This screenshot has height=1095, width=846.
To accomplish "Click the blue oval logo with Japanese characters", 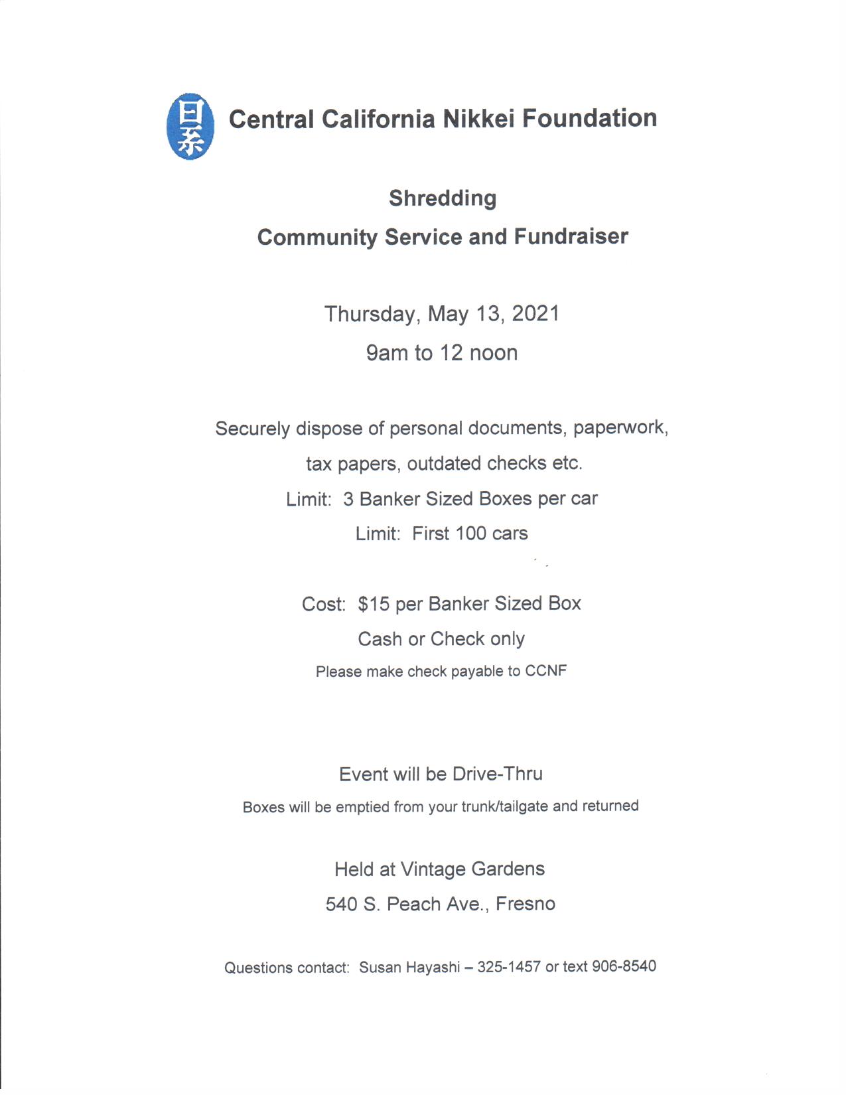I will (x=190, y=126).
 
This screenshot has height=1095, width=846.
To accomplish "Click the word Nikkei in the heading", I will (x=478, y=119).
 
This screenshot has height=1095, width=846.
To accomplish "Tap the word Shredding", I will (x=443, y=198).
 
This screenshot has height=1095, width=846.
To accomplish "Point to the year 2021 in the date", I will (x=535, y=313).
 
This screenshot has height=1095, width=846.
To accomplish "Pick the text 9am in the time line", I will (x=387, y=352).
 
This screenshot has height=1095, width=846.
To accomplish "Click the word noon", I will (x=493, y=352).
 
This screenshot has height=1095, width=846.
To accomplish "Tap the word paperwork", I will (x=620, y=427).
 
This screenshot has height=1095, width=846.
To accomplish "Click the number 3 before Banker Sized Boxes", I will (x=348, y=499).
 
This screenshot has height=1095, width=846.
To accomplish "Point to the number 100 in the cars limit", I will (x=470, y=534).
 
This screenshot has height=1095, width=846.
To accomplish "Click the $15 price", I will (x=374, y=604).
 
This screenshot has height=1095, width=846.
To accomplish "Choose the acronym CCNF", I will (x=546, y=671).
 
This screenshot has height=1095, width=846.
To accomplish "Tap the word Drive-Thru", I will (x=498, y=774).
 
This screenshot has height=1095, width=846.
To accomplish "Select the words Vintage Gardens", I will (x=472, y=869).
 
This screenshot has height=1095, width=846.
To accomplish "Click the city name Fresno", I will (x=526, y=904).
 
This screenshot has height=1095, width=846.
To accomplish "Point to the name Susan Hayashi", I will (x=409, y=968).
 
